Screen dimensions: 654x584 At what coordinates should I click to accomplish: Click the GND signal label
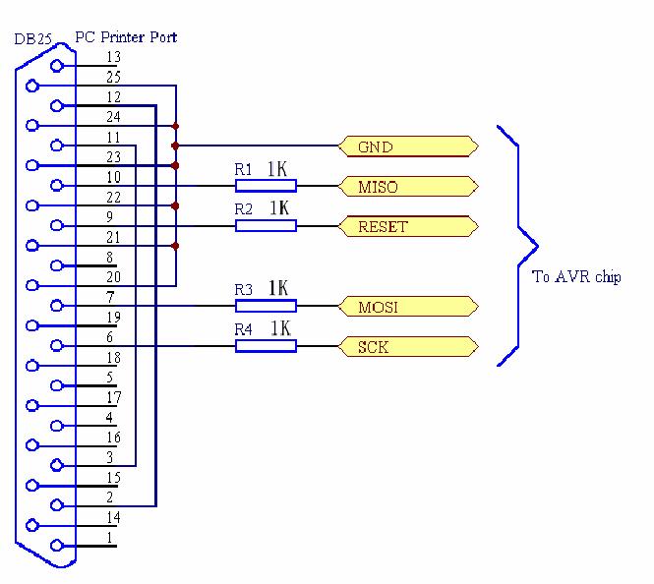click(x=408, y=146)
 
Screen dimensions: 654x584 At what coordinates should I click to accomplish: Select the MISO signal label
click(x=408, y=186)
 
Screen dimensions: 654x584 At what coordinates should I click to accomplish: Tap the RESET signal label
click(x=408, y=226)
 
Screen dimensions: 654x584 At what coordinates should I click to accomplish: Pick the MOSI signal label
click(x=408, y=307)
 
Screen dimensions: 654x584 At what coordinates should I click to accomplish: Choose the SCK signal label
click(x=408, y=346)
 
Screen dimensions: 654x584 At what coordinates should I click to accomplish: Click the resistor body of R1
click(x=267, y=186)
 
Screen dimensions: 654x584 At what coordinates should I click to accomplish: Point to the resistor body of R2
click(x=267, y=225)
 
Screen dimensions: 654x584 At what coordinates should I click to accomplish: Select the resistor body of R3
click(x=267, y=306)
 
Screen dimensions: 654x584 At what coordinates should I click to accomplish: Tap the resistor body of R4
click(x=267, y=346)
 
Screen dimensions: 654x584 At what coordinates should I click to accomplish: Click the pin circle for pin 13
click(x=57, y=66)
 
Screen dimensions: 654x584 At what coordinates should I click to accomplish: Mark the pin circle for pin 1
click(x=57, y=546)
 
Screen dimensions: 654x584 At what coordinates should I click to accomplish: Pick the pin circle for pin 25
click(x=32, y=86)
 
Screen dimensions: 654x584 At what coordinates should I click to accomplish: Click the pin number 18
click(x=113, y=358)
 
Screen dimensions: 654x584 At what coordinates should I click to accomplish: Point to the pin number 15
click(x=113, y=478)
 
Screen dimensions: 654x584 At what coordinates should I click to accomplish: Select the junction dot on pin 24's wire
click(x=176, y=126)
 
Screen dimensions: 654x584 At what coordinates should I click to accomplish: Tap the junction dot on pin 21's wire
click(x=176, y=246)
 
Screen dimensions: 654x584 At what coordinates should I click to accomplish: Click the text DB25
click(x=33, y=39)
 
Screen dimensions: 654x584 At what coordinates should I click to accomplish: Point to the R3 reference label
click(x=244, y=289)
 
